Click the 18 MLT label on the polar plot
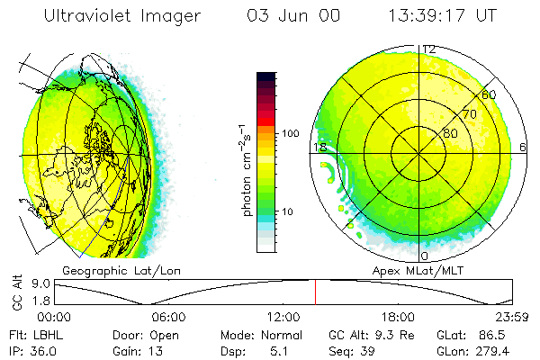click(x=319, y=148)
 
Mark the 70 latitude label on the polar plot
click(x=469, y=114)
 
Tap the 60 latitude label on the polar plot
click(x=490, y=94)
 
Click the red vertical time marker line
click(x=315, y=292)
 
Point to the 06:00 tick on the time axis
click(x=168, y=317)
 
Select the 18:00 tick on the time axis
click(x=398, y=317)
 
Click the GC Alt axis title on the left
click(x=17, y=292)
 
